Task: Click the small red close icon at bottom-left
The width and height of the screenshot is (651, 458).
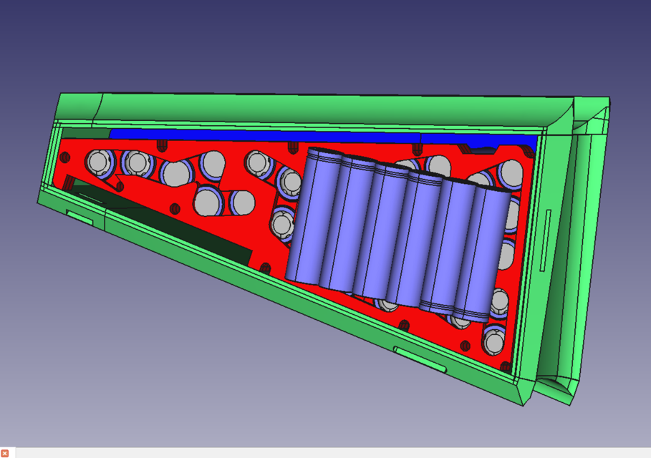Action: click(4, 453)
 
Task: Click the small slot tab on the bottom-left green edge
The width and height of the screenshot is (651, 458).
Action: click(79, 217)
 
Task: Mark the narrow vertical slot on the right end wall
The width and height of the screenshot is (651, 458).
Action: click(546, 240)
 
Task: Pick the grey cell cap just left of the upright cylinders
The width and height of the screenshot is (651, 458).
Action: click(282, 225)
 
